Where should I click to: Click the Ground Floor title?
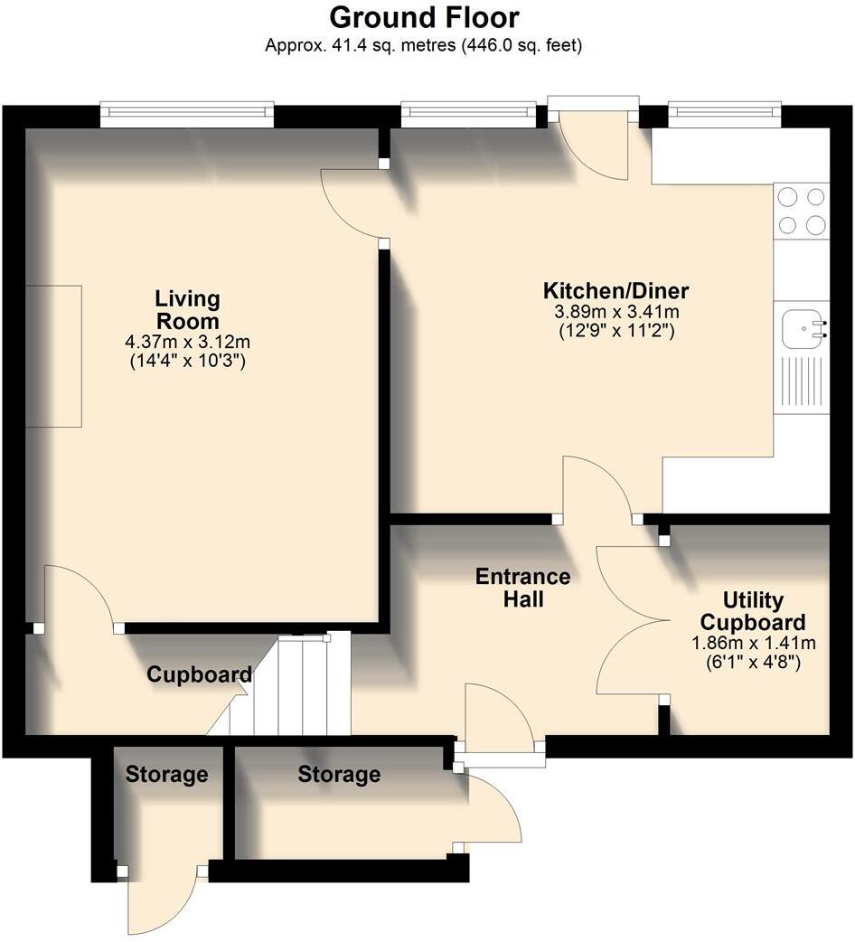(x=424, y=17)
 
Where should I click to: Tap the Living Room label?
(x=187, y=310)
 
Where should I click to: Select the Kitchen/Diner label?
(x=615, y=291)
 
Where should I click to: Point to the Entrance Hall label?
(x=523, y=588)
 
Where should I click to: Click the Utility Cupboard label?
(x=753, y=612)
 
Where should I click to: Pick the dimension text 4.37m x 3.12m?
(x=188, y=343)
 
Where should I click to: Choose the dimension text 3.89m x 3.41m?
(x=616, y=312)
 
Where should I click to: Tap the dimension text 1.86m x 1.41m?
(x=754, y=643)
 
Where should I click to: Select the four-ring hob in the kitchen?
(x=802, y=211)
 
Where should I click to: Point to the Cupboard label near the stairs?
(x=199, y=674)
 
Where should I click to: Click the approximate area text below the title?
(x=424, y=44)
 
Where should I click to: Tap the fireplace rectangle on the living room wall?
(x=54, y=355)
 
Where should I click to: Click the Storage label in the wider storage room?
(x=339, y=775)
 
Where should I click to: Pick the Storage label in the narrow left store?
(x=166, y=775)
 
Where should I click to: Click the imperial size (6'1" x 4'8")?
(x=754, y=662)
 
